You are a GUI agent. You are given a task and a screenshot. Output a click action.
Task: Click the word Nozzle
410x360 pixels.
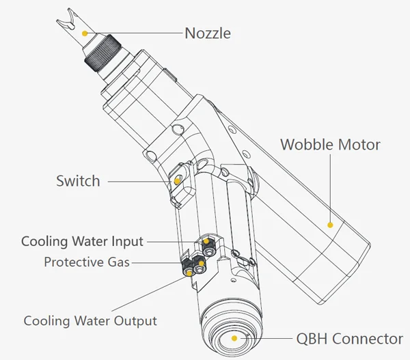click(x=208, y=33)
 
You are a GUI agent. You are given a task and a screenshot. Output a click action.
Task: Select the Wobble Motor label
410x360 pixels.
click(x=331, y=145)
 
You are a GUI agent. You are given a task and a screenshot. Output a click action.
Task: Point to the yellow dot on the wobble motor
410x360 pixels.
click(x=330, y=223)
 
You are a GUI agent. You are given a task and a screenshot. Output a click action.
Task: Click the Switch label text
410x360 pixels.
click(x=78, y=181)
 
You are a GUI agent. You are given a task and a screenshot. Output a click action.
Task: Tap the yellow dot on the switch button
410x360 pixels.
click(x=178, y=181)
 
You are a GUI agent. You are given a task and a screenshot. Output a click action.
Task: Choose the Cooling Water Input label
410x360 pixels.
click(x=82, y=241)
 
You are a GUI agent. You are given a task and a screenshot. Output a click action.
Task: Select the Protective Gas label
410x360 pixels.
click(x=87, y=262)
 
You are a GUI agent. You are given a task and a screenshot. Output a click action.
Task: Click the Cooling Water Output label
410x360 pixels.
click(x=90, y=320)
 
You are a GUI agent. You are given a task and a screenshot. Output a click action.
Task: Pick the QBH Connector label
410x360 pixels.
click(x=348, y=339)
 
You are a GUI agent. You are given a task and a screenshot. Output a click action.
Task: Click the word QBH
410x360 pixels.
click(x=310, y=339)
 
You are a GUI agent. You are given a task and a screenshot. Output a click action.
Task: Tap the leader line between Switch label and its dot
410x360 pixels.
click(x=140, y=181)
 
